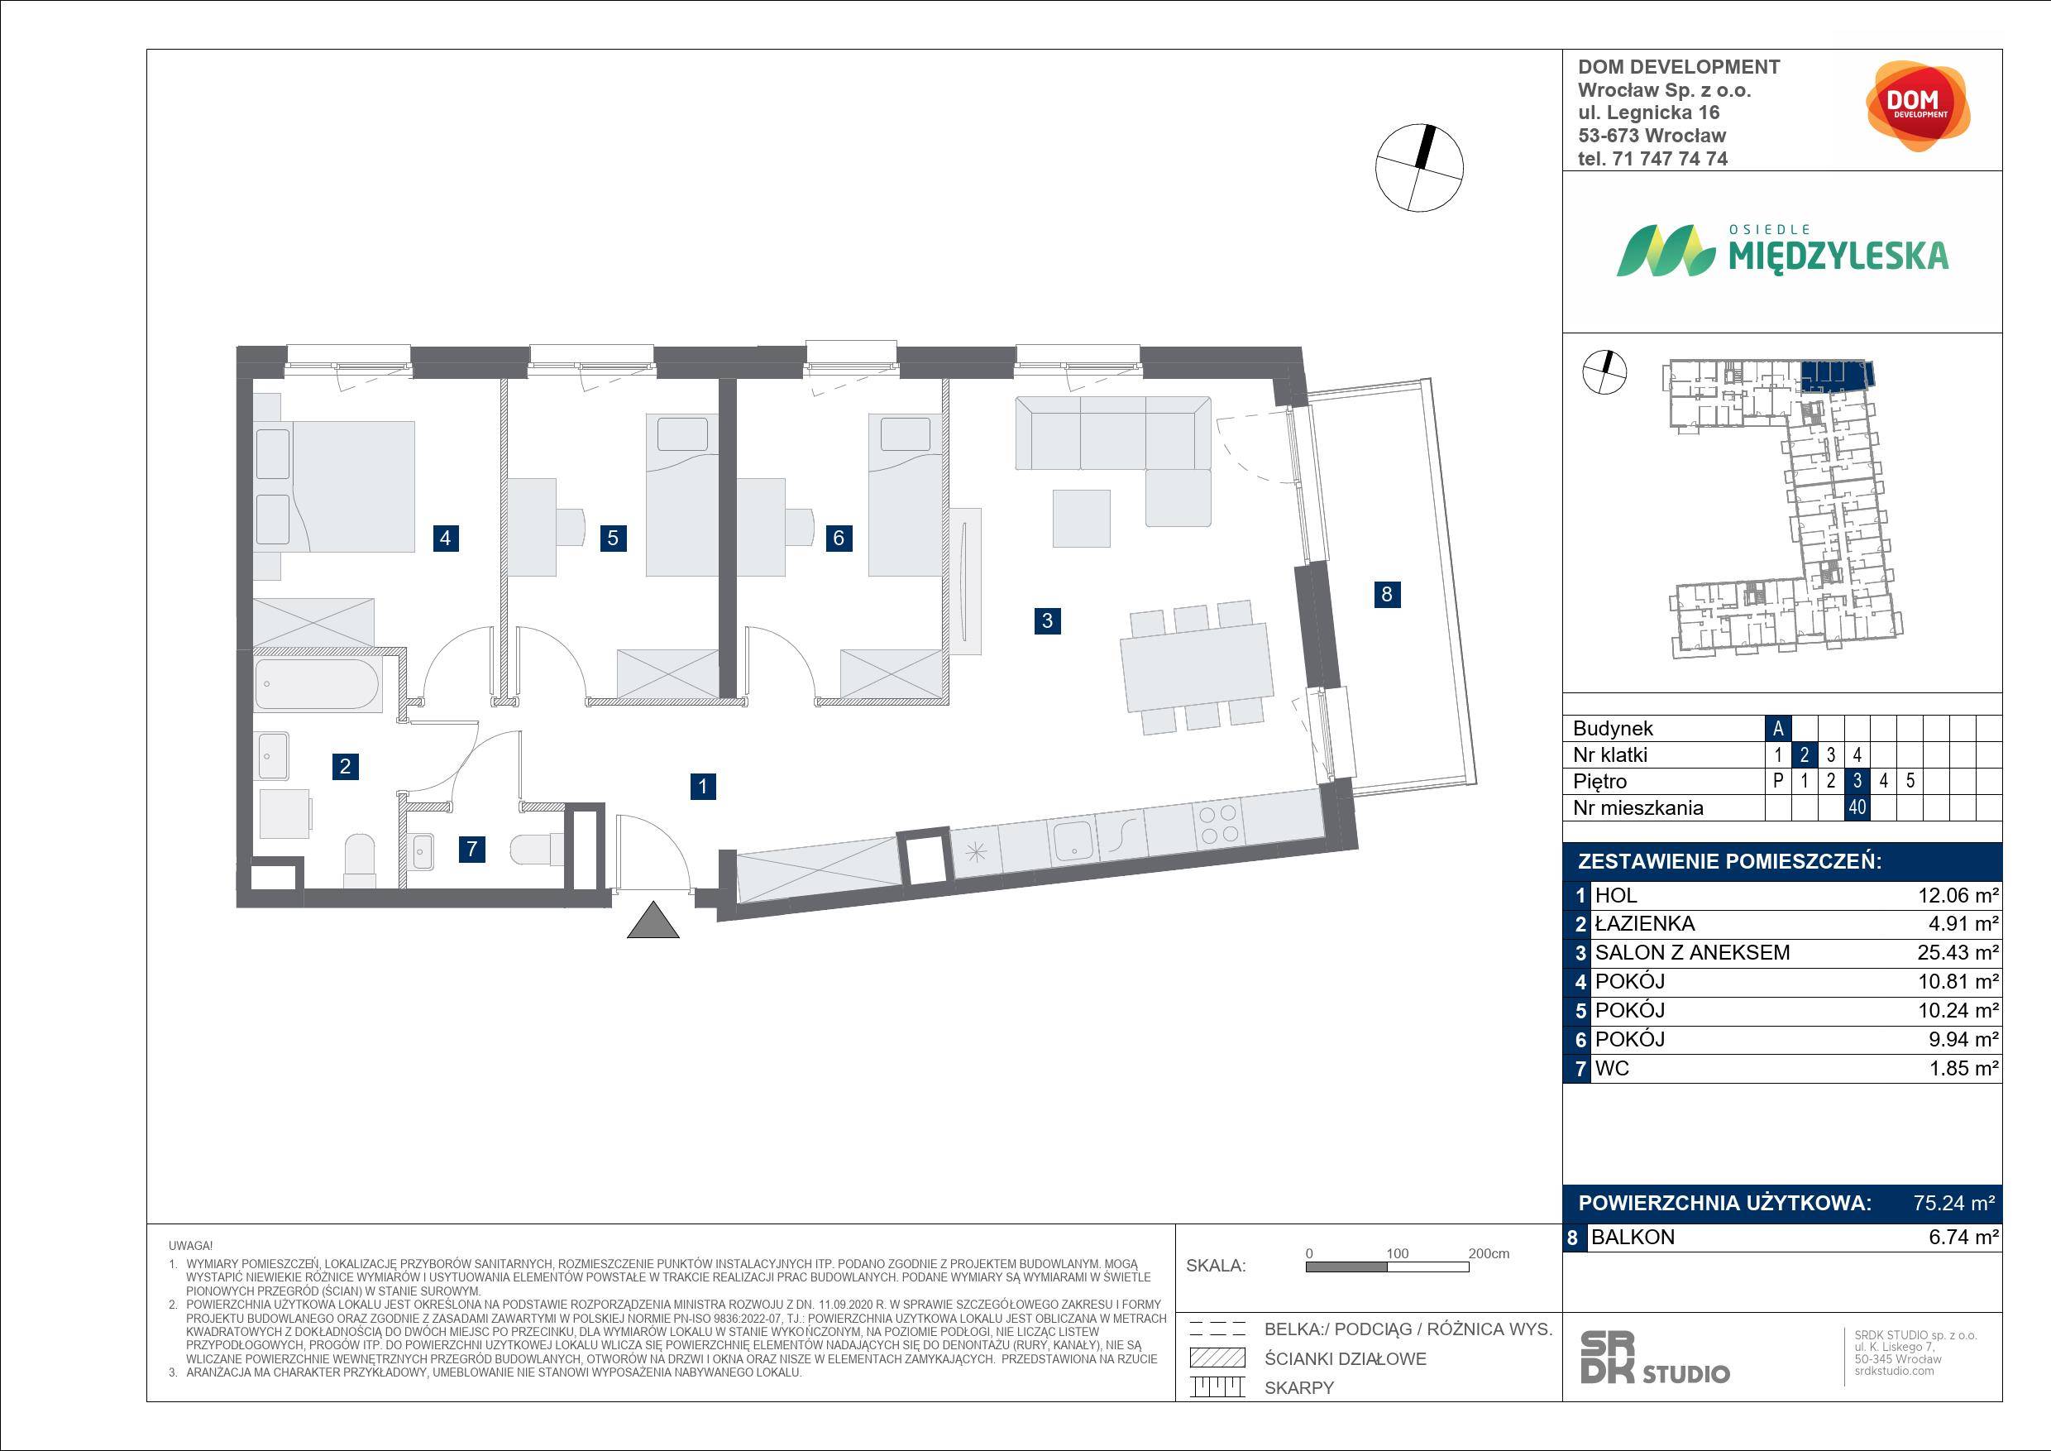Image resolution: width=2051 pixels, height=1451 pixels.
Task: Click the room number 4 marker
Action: click(x=445, y=538)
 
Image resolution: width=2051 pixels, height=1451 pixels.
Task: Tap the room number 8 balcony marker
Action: click(x=1386, y=594)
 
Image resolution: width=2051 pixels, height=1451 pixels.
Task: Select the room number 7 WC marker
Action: click(x=471, y=849)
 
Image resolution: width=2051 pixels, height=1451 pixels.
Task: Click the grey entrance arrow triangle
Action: click(x=653, y=920)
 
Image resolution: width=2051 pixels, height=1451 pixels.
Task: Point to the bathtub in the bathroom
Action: click(x=317, y=684)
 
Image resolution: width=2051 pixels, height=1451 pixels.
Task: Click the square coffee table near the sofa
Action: click(x=1081, y=518)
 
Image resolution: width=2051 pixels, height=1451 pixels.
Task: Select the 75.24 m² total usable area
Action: click(x=1953, y=1203)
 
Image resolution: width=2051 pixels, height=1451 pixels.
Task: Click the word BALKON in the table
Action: click(x=1633, y=1238)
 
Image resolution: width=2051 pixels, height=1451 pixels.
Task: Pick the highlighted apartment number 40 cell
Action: click(x=1857, y=807)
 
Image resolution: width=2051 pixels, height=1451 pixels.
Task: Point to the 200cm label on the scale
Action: click(x=1489, y=1253)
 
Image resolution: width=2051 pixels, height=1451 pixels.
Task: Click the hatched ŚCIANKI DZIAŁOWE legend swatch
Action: click(x=1217, y=1358)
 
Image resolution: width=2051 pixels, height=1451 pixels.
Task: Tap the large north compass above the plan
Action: click(x=1419, y=167)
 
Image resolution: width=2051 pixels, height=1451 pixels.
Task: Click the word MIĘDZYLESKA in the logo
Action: click(x=1838, y=256)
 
